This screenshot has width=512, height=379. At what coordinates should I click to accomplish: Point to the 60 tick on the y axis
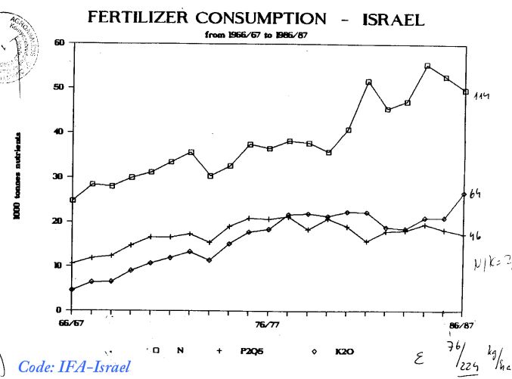pos(60,42)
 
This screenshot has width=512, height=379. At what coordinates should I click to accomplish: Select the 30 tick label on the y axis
pos(60,176)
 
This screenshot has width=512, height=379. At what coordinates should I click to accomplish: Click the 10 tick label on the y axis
pos(60,266)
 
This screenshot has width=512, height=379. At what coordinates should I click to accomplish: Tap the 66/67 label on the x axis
pos(72,323)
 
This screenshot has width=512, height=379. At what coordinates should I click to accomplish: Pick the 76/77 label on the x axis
pos(268,323)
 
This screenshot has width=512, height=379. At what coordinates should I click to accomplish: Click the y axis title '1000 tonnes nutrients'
pos(17,178)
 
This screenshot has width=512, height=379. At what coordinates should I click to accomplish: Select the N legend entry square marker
pos(157,351)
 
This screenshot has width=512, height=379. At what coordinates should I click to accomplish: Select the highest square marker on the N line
pos(427,67)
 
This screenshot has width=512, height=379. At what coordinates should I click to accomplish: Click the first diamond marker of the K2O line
pos(73,289)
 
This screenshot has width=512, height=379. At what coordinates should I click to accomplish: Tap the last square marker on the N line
pos(466,92)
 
